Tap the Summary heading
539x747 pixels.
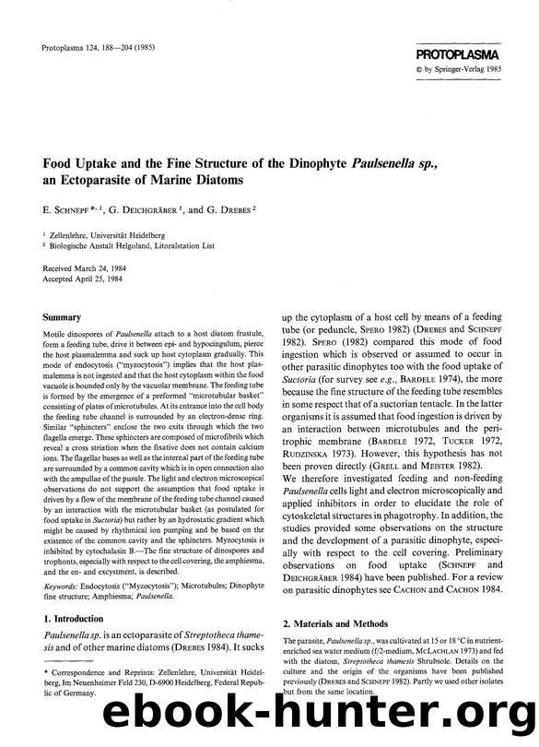click(x=57, y=317)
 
